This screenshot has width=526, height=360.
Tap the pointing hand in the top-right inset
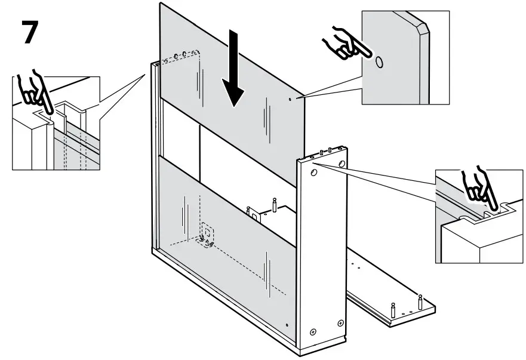pyautogui.click(x=342, y=44)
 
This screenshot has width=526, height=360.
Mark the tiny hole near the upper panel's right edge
pyautogui.click(x=290, y=99)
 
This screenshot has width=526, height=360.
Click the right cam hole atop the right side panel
pyautogui.click(x=341, y=163)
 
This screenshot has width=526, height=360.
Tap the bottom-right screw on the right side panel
pyautogui.click(x=340, y=323)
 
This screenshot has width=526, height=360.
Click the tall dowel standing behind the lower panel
pyautogui.click(x=274, y=204)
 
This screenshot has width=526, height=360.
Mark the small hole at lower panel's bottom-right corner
pyautogui.click(x=287, y=325)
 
